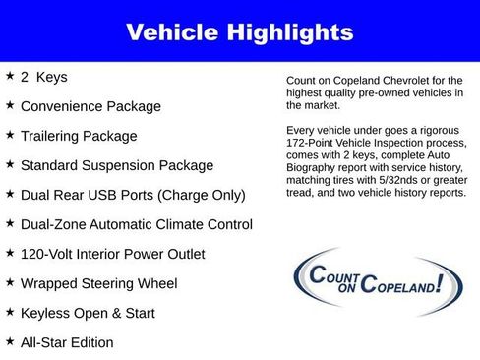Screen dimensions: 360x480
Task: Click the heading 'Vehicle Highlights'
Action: click(239, 32)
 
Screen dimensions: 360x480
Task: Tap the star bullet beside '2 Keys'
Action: click(10, 75)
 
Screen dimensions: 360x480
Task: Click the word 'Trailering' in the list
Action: click(54, 136)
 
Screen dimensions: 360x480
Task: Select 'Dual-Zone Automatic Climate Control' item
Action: click(137, 224)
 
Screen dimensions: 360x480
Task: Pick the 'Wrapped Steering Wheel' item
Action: click(98, 283)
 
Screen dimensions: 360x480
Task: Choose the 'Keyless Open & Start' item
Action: click(88, 313)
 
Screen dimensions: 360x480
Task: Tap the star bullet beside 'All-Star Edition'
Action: click(10, 341)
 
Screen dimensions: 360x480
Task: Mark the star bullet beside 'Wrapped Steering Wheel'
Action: click(10, 282)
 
